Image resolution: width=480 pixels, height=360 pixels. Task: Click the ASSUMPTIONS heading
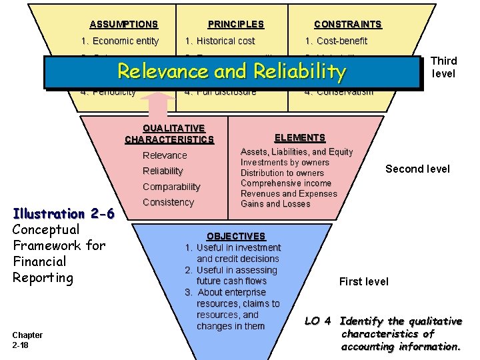(123, 24)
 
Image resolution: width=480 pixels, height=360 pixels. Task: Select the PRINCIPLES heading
(235, 24)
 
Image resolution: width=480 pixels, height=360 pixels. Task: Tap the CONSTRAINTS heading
(347, 24)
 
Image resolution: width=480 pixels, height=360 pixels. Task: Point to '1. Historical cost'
(220, 41)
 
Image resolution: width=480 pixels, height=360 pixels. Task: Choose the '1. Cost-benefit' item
(336, 41)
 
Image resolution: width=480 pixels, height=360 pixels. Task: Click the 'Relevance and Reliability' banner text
(232, 71)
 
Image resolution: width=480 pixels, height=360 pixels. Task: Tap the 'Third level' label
(444, 67)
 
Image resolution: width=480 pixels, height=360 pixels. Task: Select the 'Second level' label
(417, 169)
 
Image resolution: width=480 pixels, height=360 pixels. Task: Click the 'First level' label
(363, 281)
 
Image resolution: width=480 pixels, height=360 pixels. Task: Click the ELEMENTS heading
(300, 137)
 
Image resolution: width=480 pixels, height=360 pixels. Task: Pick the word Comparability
(171, 187)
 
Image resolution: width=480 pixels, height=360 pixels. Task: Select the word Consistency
(168, 202)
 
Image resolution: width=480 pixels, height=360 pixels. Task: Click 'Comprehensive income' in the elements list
(286, 183)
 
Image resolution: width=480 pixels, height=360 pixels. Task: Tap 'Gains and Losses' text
(275, 203)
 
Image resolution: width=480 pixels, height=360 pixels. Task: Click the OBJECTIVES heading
(235, 236)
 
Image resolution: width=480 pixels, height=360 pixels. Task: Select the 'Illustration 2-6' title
(64, 213)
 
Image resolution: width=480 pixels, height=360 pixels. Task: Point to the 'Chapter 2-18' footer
(27, 339)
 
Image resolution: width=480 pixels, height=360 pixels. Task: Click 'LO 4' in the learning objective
(319, 321)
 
